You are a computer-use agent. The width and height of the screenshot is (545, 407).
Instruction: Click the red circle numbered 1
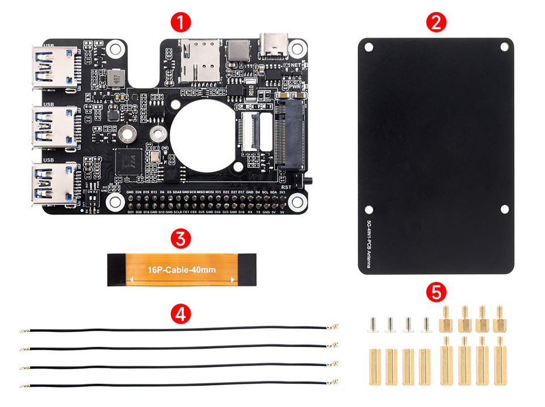(180, 23)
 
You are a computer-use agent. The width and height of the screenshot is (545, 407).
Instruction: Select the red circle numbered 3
(180, 238)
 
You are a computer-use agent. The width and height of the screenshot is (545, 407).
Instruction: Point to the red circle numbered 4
(180, 313)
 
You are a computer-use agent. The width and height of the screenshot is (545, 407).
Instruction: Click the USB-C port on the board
(274, 45)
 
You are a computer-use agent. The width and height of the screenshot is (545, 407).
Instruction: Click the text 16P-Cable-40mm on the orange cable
(181, 270)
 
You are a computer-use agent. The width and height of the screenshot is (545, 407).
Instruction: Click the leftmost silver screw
(374, 324)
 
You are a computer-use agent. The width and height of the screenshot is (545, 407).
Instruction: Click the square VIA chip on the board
(126, 163)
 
